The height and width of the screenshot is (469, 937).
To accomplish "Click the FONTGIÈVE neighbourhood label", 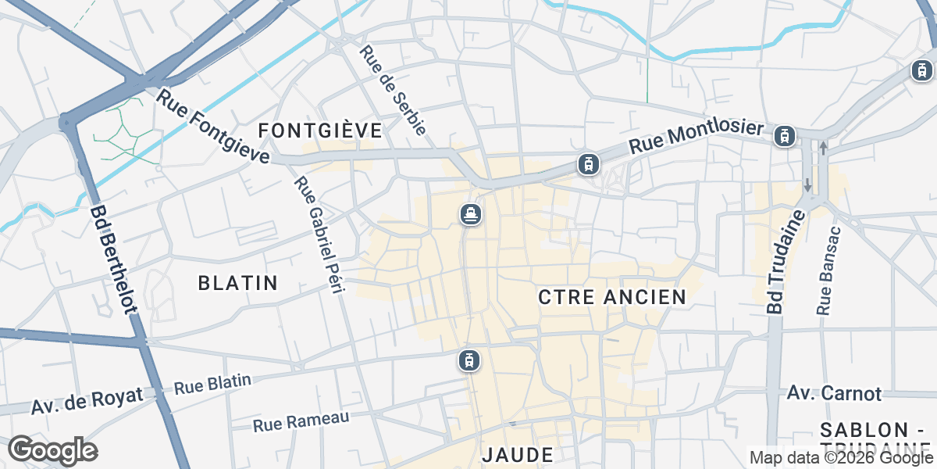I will click(x=320, y=131).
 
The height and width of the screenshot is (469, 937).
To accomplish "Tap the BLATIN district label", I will click(x=238, y=283).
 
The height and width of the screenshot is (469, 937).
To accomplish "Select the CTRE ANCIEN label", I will click(x=612, y=297).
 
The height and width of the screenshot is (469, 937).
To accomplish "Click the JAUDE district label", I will click(x=518, y=455).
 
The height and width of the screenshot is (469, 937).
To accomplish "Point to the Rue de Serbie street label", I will click(x=392, y=91).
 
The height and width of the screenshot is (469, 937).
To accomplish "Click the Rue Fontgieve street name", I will click(x=213, y=127).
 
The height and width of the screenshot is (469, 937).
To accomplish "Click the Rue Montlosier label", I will click(x=695, y=136).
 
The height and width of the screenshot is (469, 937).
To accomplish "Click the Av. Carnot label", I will click(x=834, y=393).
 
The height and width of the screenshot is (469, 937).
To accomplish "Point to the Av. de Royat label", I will click(x=87, y=401).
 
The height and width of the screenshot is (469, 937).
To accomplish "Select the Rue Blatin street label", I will click(x=212, y=385).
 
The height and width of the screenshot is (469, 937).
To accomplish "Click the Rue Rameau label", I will click(x=301, y=421).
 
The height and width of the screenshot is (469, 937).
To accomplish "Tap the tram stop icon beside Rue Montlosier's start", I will click(x=589, y=164).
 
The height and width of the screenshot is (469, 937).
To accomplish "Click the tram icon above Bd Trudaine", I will click(x=785, y=137).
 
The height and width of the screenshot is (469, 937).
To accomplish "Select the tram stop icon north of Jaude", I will click(x=468, y=360).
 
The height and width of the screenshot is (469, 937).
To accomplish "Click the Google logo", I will click(x=52, y=450).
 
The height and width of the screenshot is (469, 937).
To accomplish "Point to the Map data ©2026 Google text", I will click(x=841, y=457).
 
